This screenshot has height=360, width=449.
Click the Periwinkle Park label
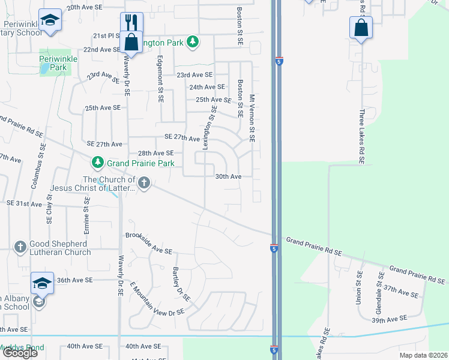53,64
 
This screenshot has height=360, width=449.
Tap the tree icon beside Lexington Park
192,42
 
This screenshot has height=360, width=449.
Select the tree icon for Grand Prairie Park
97,163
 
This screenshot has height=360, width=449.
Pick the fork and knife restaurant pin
131,22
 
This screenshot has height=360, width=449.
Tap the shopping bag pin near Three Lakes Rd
361,27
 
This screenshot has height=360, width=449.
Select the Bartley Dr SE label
181,284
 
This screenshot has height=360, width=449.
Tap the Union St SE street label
359,287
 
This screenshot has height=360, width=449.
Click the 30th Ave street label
228,176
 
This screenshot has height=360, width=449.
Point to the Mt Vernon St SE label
252,118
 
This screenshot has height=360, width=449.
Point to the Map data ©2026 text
423,355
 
